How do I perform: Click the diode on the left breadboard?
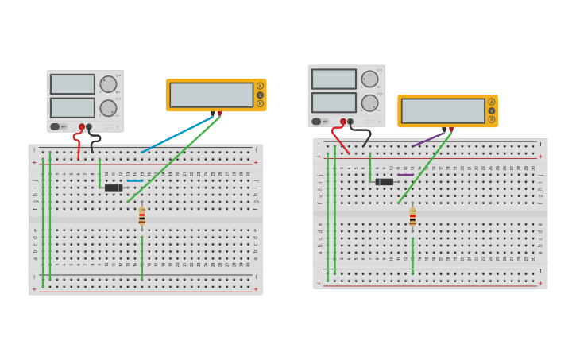pyautogui.click(x=114, y=188)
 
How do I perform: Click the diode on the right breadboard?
pyautogui.click(x=385, y=182)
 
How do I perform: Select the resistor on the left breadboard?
pyautogui.click(x=142, y=216)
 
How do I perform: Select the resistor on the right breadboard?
pyautogui.click(x=412, y=217)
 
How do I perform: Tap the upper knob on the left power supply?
pyautogui.click(x=108, y=84)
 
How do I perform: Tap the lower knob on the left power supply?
pyautogui.click(x=108, y=108)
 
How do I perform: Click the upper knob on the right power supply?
pyautogui.click(x=369, y=79)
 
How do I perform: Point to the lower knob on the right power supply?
pyautogui.click(x=369, y=103)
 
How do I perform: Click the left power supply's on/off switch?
pyautogui.click(x=56, y=126)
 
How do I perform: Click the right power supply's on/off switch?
pyautogui.click(x=317, y=122)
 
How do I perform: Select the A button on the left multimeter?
pyautogui.click(x=260, y=86)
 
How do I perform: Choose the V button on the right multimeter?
pyautogui.click(x=492, y=110)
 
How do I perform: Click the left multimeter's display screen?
pyautogui.click(x=211, y=95)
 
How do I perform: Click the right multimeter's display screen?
pyautogui.click(x=443, y=110)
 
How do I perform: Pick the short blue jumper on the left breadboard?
pyautogui.click(x=135, y=180)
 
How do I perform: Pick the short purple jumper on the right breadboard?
pyautogui.click(x=405, y=175)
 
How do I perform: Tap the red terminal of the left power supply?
pyautogui.click(x=81, y=127)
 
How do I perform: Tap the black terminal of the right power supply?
pyautogui.click(x=350, y=122)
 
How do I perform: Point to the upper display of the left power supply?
pyautogui.click(x=72, y=84)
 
